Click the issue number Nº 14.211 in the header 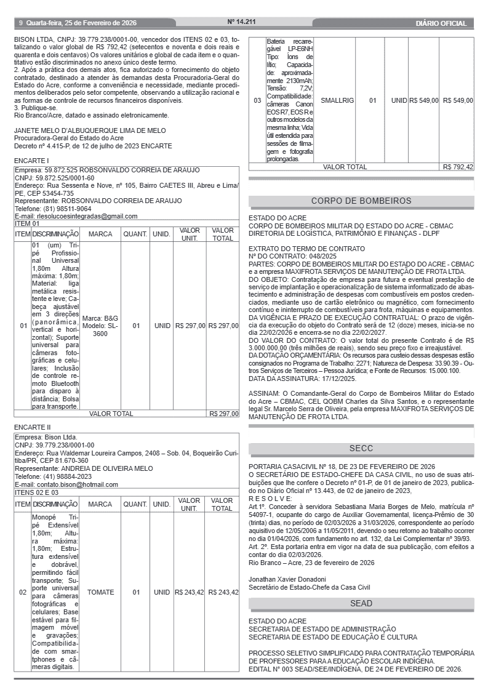click(241, 22)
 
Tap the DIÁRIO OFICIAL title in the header click(441, 23)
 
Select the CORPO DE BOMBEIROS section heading click(361, 201)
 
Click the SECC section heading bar click(361, 449)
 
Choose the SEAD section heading click(361, 604)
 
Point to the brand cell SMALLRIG click(337, 100)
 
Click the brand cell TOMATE click(101, 592)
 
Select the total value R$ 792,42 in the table click(458, 167)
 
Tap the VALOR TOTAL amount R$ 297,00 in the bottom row click(223, 414)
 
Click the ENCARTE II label click(33, 427)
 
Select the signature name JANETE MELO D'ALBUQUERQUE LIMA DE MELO click(90, 130)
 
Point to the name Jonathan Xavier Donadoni click(287, 579)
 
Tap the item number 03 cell click(257, 100)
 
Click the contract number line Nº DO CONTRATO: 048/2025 click(292, 255)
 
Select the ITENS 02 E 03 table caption click(37, 492)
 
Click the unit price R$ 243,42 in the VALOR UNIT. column click(189, 592)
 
